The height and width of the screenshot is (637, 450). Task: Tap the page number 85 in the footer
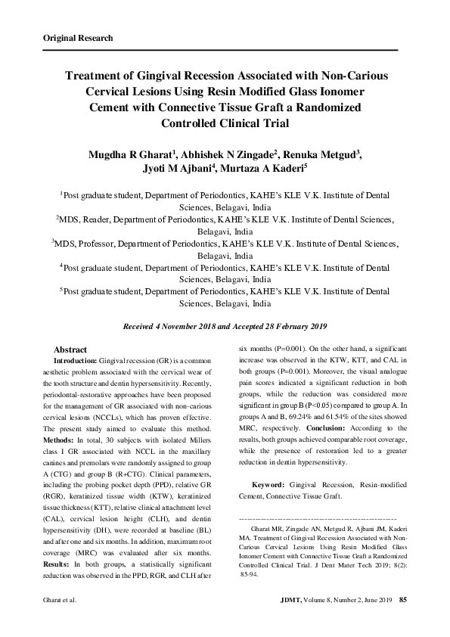(403, 600)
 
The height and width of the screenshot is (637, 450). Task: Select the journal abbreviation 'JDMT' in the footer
(291, 600)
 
